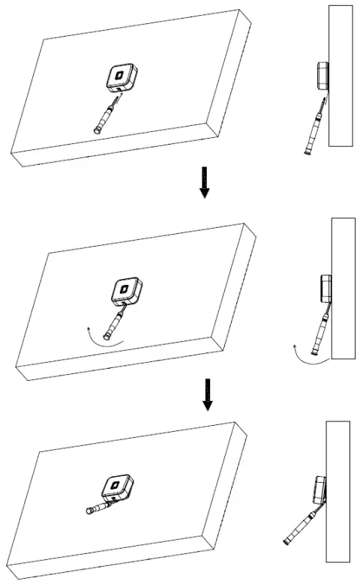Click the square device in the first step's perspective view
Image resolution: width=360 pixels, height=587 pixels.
coord(119,77)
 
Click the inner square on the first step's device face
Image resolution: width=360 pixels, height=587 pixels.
coord(118,75)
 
